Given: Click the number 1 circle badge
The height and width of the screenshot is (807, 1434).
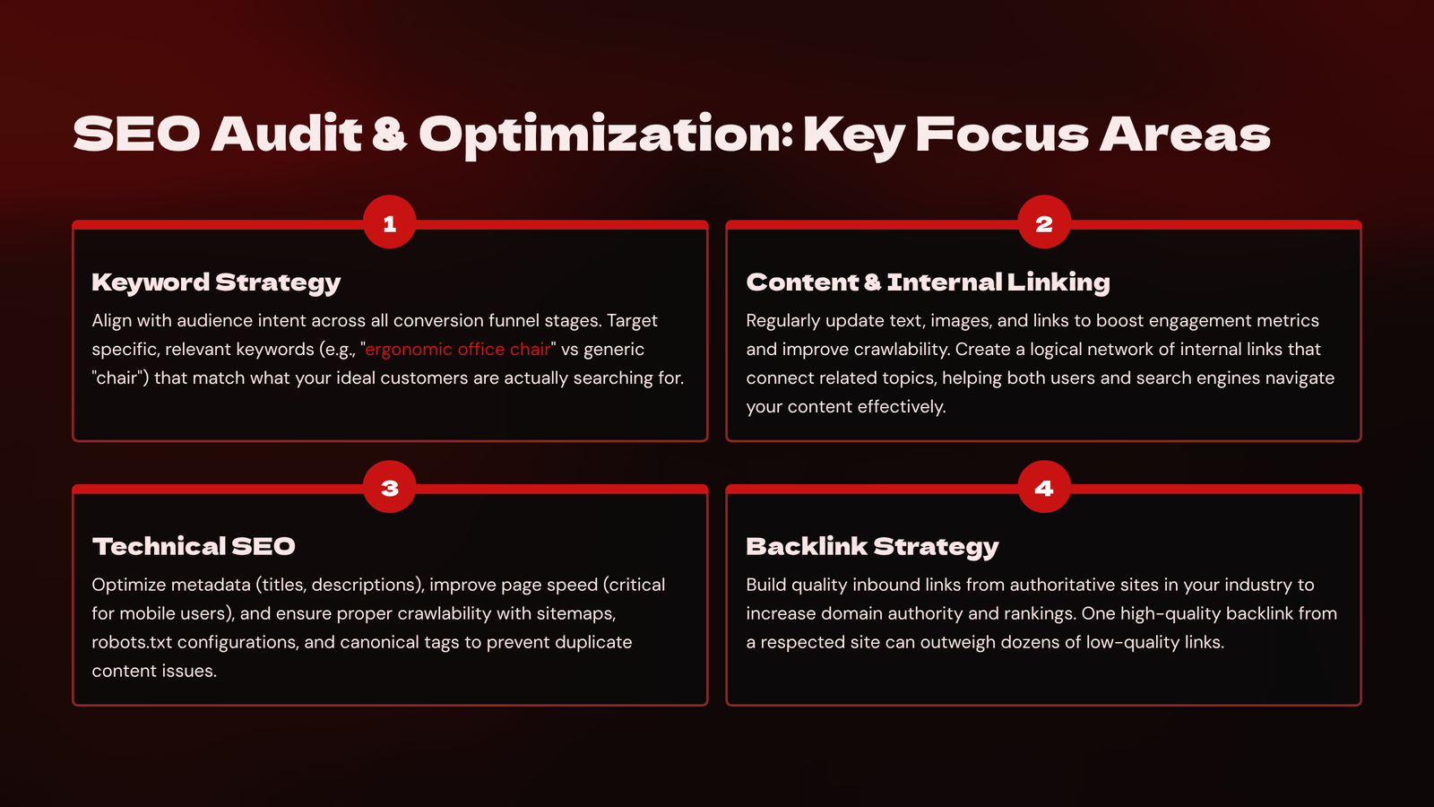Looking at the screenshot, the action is coord(389,222).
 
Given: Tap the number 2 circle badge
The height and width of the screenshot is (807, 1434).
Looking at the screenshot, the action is coord(1044,222).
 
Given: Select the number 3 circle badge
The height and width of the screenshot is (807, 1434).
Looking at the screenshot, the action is coord(389,487).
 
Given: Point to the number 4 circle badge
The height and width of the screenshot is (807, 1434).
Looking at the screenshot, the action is coord(1044,487).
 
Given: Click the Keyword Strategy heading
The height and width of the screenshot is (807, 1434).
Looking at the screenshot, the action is coord(216,282).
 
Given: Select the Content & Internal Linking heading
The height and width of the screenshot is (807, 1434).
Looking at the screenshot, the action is coord(929,282).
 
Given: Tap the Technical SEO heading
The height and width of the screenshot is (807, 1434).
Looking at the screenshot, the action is coord(194,546).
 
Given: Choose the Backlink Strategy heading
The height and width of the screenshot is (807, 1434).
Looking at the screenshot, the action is coord(873,547).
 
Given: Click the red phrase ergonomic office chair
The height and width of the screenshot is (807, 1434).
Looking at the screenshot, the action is coord(458,349).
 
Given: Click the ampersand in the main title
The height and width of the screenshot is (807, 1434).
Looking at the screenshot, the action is coord(389,134).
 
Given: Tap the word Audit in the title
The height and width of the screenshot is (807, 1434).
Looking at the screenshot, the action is coord(287,134).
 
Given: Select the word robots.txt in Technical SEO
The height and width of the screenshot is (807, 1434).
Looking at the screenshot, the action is coord(132,642).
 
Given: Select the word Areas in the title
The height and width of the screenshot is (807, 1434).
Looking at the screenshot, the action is coord(1185,134).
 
